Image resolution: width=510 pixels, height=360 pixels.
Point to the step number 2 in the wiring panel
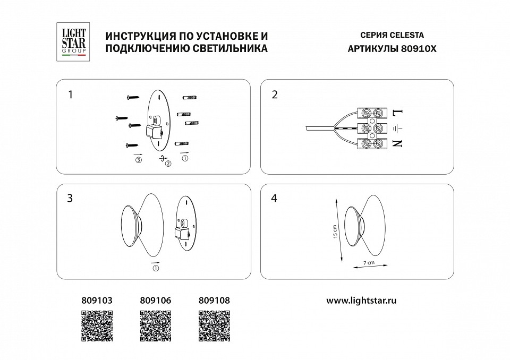275,95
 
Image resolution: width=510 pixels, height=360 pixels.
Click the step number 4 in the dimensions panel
275,198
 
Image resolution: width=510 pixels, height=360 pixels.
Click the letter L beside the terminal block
397,113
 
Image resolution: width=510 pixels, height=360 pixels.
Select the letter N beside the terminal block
397,142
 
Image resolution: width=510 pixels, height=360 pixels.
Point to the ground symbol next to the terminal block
397,128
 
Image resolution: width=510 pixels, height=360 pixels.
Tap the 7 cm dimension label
369,263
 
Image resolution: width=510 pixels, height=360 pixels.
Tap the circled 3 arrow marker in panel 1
138,160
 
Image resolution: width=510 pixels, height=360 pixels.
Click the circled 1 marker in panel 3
155,268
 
